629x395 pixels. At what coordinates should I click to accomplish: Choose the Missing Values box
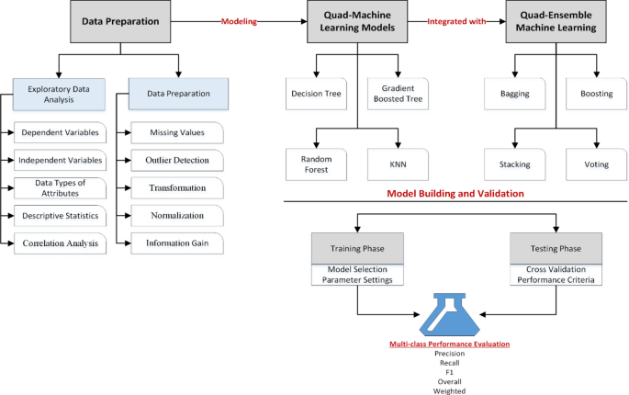176,132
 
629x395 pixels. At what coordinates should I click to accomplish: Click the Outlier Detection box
176,160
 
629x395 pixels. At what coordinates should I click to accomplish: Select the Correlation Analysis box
60,243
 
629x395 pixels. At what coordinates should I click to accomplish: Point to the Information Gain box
176,243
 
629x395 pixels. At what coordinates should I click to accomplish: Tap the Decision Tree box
316,93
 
